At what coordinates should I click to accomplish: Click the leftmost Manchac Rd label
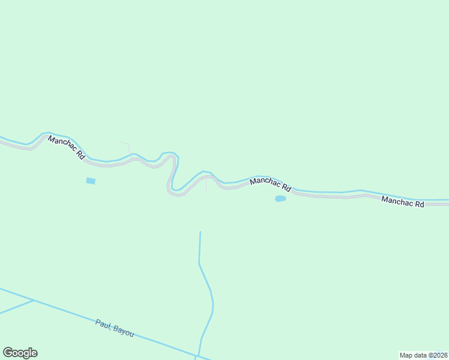pos(66,148)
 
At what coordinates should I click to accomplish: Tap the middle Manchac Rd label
pos(270,184)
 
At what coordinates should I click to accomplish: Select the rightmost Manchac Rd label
pos(403,202)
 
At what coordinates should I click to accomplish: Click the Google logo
pos(20,353)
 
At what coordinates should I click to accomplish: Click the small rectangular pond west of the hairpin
pos(91,181)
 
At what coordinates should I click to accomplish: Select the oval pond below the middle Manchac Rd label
pos(280,199)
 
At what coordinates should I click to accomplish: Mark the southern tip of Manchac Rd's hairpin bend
pos(176,194)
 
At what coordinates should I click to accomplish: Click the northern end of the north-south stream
pos(200,232)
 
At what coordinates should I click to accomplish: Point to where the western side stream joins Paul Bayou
pos(33,300)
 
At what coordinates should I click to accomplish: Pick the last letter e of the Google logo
pos(34,353)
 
